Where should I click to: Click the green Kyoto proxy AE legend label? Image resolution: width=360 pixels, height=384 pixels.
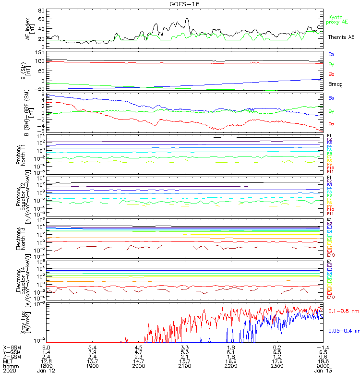point(337,19)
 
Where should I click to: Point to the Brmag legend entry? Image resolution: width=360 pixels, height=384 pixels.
point(336,84)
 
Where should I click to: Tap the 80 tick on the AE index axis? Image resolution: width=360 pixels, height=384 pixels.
point(41,11)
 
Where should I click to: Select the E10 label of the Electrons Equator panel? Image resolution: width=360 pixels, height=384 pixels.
point(331,297)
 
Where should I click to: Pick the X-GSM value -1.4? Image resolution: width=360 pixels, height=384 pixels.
point(325,347)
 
